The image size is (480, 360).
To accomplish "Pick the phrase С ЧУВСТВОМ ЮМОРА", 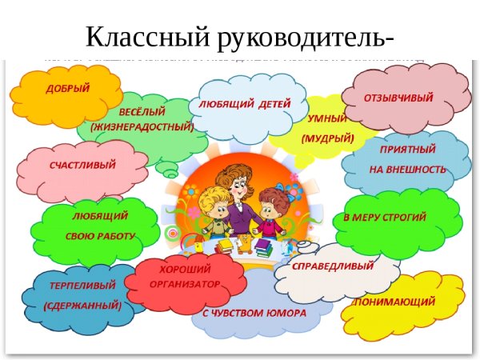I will pos(254,313).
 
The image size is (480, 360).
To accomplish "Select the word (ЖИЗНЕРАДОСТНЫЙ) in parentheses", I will pos(142,126).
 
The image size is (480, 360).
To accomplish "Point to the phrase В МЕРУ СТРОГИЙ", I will pos(385,218).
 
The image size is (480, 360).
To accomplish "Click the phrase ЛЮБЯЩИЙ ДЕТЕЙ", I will pos(239,104).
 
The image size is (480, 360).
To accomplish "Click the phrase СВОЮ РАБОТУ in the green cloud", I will pos(98,236).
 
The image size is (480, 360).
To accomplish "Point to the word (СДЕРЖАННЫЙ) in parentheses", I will pos(82,306).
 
